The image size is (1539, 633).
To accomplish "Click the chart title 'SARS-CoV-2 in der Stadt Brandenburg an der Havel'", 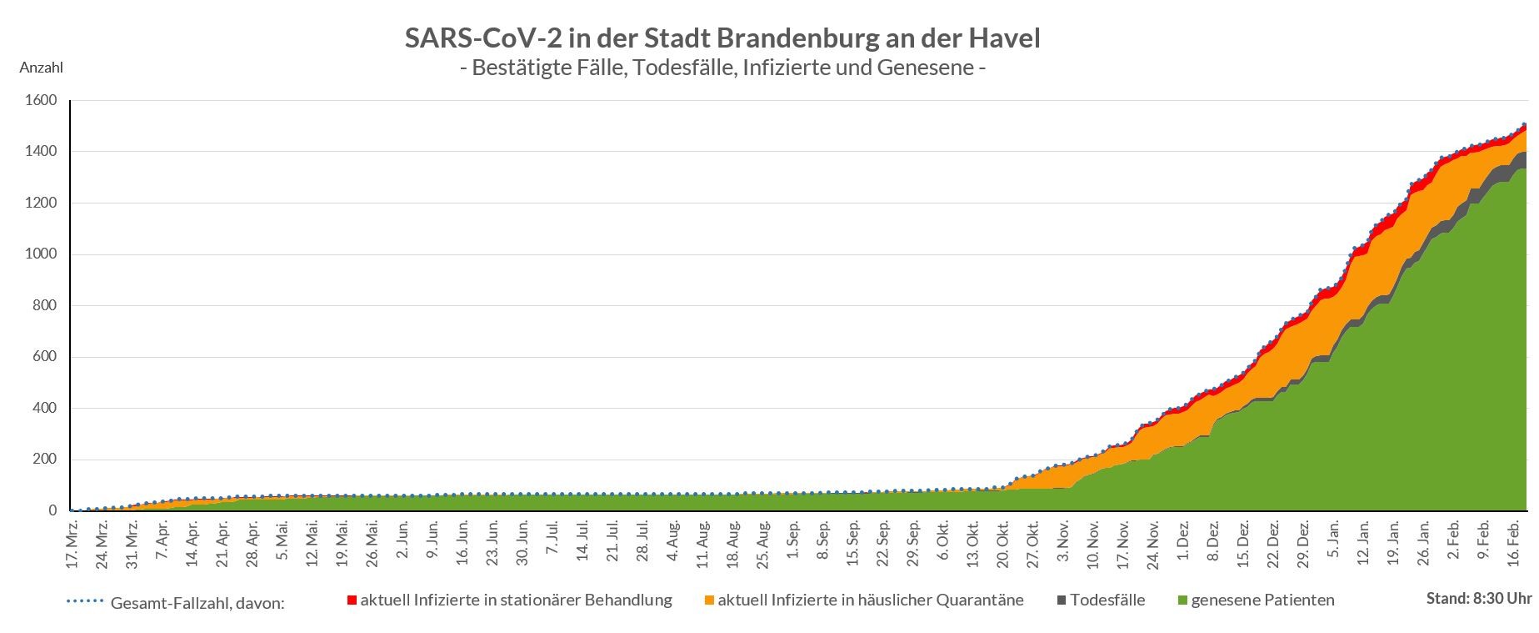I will tap(722, 38).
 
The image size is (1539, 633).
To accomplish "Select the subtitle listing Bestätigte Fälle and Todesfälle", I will tap(722, 68).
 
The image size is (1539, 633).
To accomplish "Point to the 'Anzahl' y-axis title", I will tap(41, 68).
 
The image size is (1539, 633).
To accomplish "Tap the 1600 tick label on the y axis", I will tap(42, 101).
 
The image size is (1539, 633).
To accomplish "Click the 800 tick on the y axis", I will tap(45, 306).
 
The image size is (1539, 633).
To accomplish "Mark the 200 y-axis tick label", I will tap(45, 460).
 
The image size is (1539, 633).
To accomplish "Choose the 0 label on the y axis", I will tap(52, 511).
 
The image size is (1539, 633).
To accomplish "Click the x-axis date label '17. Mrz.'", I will tap(72, 543).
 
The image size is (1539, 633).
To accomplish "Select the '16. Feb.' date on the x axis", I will tap(1516, 543).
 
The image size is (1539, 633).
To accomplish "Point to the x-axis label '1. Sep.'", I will tap(793, 543).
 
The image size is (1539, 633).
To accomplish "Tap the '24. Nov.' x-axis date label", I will tap(1153, 543).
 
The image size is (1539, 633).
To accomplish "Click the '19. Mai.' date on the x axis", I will tap(342, 543).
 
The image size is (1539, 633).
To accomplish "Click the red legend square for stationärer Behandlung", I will tap(352, 600).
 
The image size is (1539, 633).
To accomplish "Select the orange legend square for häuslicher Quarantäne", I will tap(709, 600).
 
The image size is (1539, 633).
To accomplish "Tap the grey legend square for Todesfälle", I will tap(1062, 600).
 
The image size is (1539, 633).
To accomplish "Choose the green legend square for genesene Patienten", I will tap(1182, 600).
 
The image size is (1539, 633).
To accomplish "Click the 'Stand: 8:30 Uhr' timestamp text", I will tap(1478, 598).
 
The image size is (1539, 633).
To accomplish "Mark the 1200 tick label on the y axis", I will tap(42, 203).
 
